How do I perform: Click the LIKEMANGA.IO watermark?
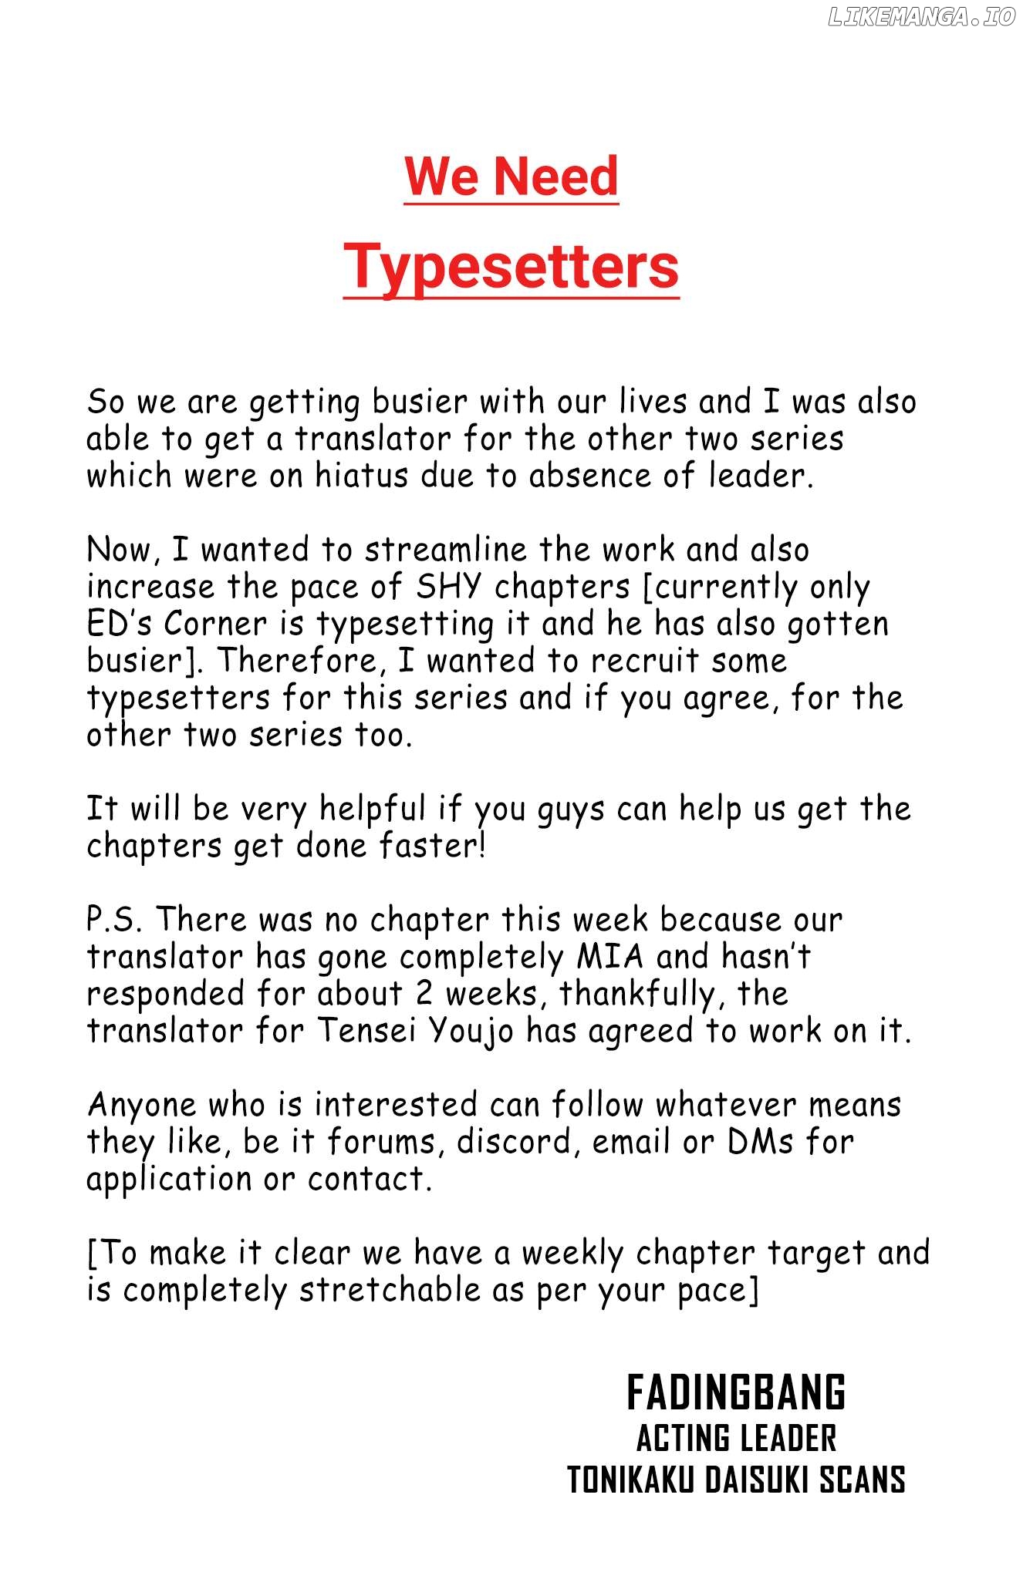pos(921,17)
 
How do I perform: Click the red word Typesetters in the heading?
pos(511,266)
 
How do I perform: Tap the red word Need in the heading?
pos(555,177)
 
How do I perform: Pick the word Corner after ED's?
pos(215,624)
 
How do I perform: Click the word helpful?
pos(372,809)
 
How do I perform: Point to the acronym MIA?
pos(609,957)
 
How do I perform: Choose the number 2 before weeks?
pos(424,994)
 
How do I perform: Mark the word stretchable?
pos(390,1290)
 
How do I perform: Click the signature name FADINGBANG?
pos(736,1393)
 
